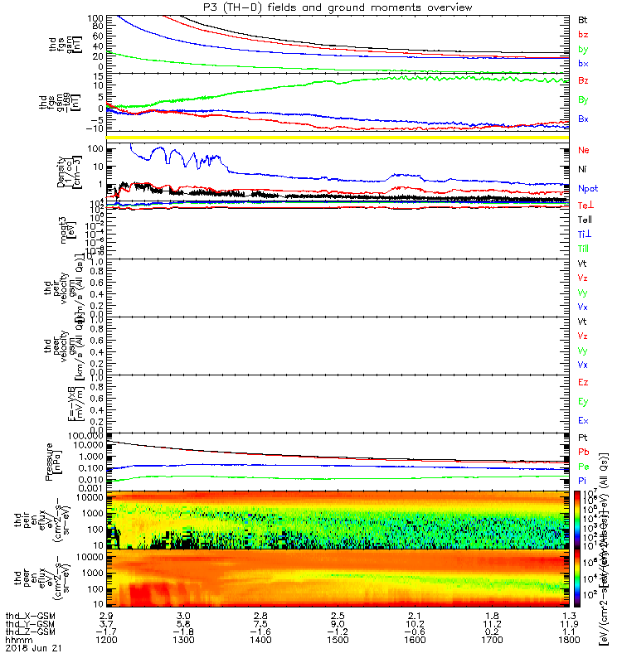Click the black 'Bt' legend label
(583, 19)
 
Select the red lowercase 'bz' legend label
(583, 34)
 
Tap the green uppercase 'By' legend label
(584, 99)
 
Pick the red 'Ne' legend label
(584, 150)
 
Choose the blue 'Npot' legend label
(589, 188)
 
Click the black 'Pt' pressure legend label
(583, 436)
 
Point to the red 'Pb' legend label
(583, 452)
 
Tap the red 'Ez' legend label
(583, 382)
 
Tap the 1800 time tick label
(566, 641)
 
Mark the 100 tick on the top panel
(95, 18)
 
